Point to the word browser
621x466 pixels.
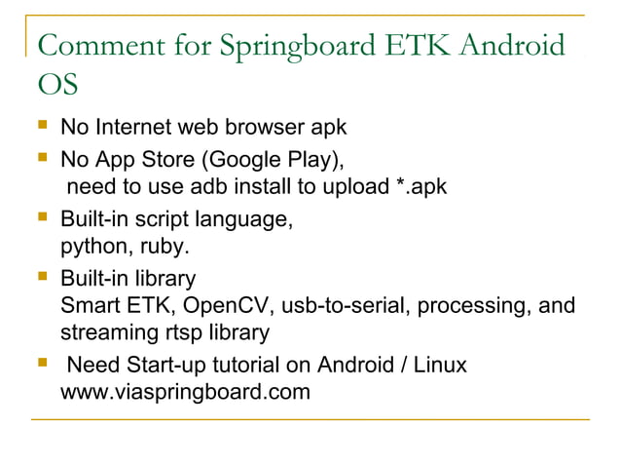coord(268,128)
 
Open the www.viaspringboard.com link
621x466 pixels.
coord(185,395)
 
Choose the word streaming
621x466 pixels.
coord(104,333)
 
